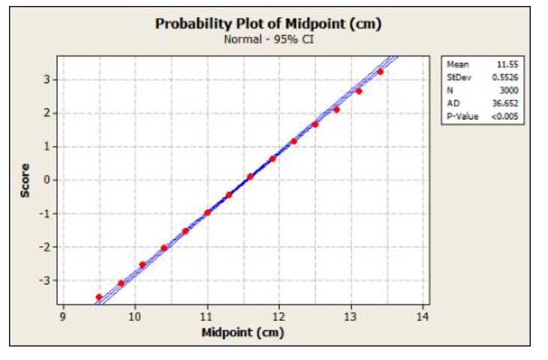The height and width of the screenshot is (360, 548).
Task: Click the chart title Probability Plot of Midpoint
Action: pos(268,23)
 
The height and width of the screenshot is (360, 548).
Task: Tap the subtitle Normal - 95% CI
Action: pos(269,38)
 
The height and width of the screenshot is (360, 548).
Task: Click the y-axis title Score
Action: pos(26,180)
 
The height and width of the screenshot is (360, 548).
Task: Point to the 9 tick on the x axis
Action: pos(64,316)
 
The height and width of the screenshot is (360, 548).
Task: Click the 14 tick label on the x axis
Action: pos(423,316)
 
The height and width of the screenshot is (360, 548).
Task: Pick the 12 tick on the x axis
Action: pos(279,316)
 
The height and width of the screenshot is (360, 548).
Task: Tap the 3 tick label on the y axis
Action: pos(47,79)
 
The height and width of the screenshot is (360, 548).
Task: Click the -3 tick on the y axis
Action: pos(44,280)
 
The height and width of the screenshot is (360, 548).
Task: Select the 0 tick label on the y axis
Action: pos(47,180)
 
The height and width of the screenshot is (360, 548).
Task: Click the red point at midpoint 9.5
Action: pos(99,297)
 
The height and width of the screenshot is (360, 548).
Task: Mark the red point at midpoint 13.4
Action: pos(381,71)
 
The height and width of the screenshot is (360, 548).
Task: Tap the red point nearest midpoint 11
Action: pos(207,212)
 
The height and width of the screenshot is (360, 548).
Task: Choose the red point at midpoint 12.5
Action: pos(315,124)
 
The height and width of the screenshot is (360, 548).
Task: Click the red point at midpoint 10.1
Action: pos(143,264)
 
